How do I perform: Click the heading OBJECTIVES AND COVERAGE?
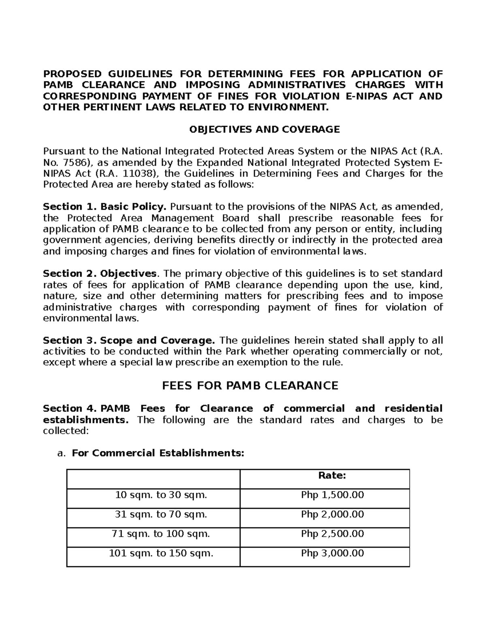pos(264,130)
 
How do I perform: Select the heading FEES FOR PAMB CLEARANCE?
pos(250,386)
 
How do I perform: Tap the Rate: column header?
pos(332,475)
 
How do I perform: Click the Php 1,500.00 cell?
pos(332,495)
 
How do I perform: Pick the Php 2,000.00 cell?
pos(332,514)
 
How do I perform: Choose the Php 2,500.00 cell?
pos(332,534)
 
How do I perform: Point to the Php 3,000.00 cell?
pos(332,553)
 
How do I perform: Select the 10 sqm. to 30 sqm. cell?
pos(161,495)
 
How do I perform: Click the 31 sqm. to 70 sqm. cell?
pos(161,514)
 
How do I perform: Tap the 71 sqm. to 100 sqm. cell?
pos(161,534)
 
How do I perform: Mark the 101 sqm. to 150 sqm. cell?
pos(161,553)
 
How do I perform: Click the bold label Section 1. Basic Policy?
pos(104,207)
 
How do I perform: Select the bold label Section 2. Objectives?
pos(100,273)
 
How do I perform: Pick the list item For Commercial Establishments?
pos(158,453)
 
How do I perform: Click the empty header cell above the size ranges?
pos(153,479)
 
